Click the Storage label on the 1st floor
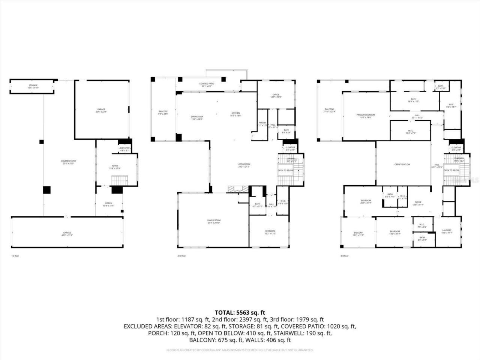click(x=33, y=85)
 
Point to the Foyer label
click(x=115, y=166)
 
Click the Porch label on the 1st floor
click(x=108, y=204)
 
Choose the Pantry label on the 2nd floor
click(x=262, y=123)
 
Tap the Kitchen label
click(x=235, y=113)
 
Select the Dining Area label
click(x=197, y=117)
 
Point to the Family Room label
click(x=214, y=220)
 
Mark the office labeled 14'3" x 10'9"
click(x=276, y=95)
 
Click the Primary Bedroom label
click(x=366, y=115)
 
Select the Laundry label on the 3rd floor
click(x=447, y=231)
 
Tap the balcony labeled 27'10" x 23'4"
click(x=329, y=109)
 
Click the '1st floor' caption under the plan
click(x=15, y=256)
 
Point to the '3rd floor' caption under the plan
click(x=344, y=256)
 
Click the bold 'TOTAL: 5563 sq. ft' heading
click(x=240, y=312)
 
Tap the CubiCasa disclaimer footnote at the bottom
click(x=240, y=350)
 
